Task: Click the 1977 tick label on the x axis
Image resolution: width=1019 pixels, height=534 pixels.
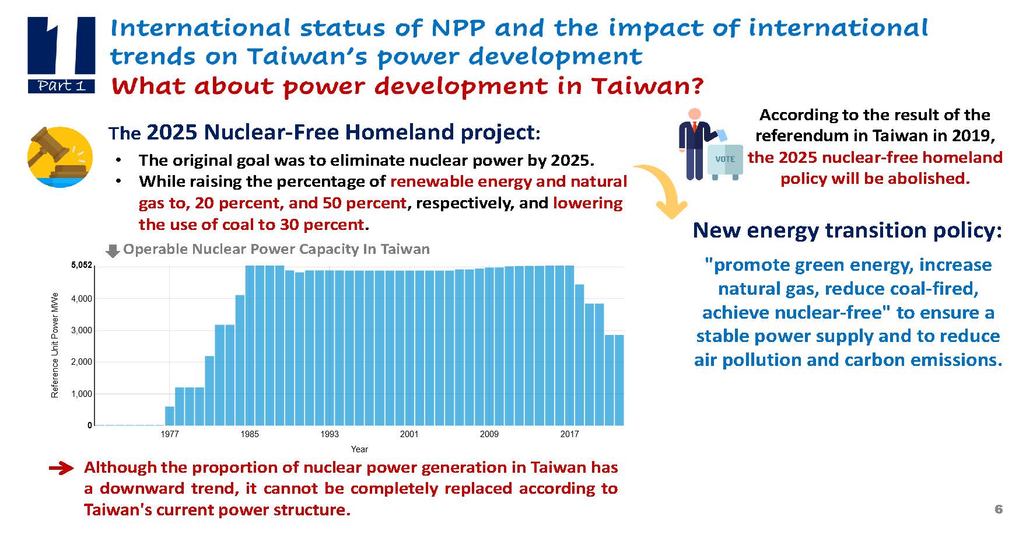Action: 170,434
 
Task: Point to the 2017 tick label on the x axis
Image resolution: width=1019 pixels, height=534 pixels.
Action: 569,434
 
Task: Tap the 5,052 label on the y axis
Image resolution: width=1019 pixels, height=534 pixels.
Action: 82,266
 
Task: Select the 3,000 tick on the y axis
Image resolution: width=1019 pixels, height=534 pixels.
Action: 82,330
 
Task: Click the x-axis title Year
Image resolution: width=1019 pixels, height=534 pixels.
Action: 359,449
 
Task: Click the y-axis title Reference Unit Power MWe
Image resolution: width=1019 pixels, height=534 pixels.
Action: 55,345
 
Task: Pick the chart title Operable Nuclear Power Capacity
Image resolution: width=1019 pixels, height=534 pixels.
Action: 276,250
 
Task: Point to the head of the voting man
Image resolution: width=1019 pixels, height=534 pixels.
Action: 694,114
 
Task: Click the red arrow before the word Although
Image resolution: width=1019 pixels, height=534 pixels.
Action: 61,468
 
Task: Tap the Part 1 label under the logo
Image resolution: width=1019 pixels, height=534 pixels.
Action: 61,86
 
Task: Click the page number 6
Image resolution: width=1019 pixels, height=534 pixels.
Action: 999,509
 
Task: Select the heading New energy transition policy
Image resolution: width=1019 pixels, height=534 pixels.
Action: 847,231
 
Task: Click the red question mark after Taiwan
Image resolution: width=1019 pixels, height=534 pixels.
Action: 697,86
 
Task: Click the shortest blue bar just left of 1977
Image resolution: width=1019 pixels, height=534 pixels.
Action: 170,416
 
